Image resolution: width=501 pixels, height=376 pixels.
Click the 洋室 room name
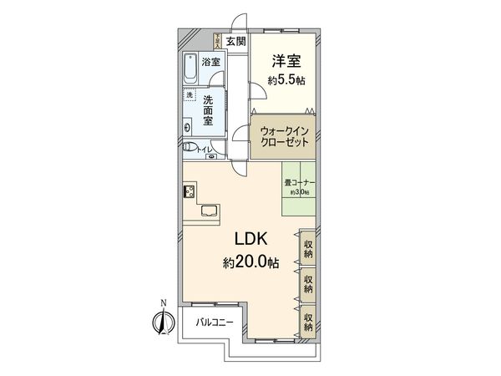point(284,61)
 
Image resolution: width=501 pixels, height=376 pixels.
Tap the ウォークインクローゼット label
point(284,135)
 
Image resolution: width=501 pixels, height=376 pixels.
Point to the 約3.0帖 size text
point(298,192)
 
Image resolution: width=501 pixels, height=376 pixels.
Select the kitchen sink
point(208,211)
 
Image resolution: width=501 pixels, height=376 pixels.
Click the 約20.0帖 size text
point(250,262)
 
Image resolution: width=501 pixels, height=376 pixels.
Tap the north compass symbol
point(164,320)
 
